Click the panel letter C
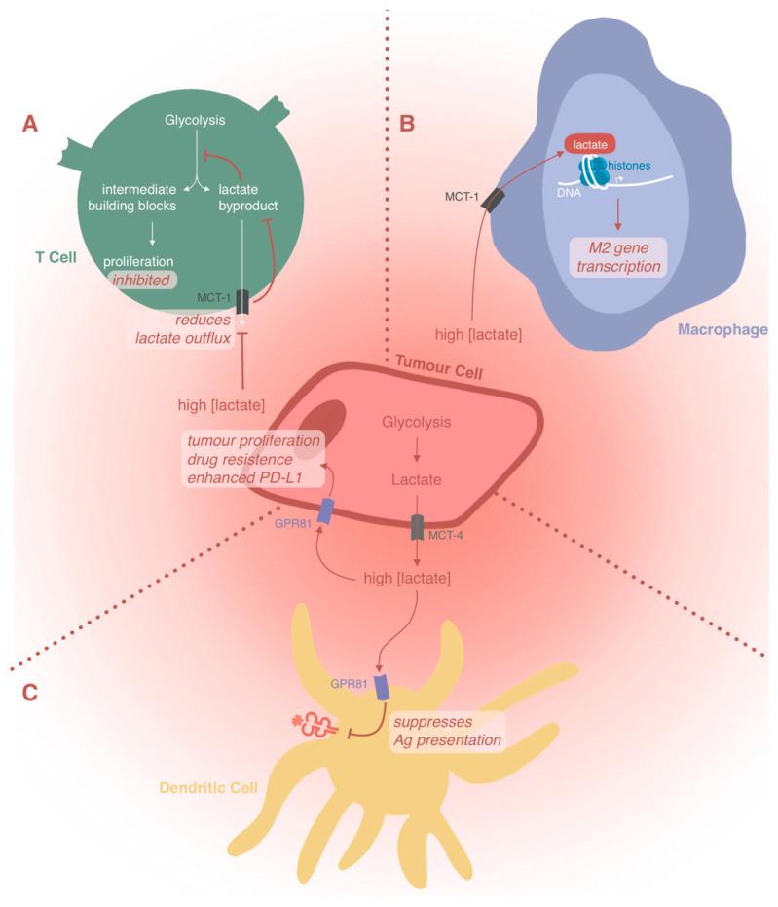coord(31,693)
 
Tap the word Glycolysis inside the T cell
coord(195,120)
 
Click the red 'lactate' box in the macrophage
coord(590,143)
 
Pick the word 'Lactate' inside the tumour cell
coord(417,480)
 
